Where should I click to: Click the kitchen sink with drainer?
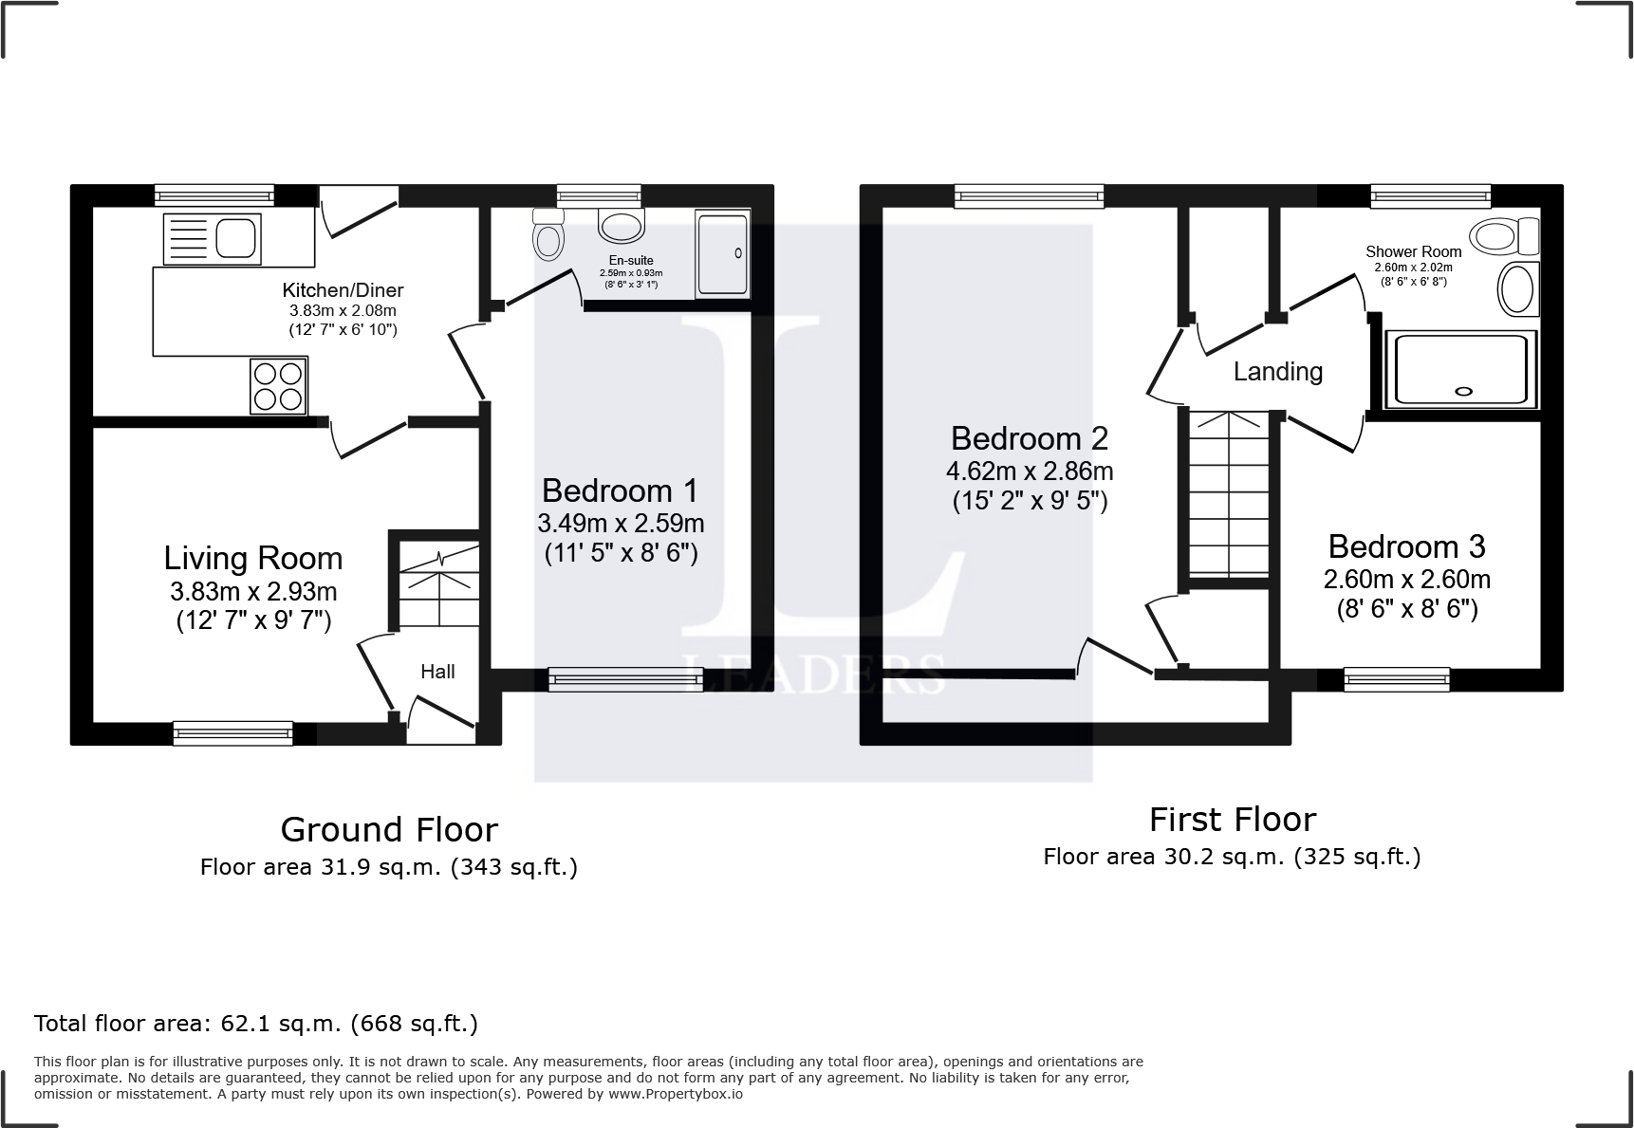click(212, 238)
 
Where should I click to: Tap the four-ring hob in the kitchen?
click(278, 386)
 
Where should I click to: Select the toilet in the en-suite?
click(548, 235)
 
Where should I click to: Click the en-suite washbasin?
click(622, 226)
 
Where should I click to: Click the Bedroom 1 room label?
click(620, 490)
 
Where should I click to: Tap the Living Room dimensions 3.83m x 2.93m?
click(253, 592)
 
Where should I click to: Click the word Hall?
click(437, 672)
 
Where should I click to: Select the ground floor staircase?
click(438, 585)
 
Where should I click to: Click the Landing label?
click(1277, 372)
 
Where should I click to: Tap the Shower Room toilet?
click(1503, 235)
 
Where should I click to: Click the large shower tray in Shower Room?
click(1460, 370)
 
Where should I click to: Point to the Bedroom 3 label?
click(1406, 546)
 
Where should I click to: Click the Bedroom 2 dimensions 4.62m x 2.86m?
click(1030, 471)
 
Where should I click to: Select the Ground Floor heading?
click(389, 830)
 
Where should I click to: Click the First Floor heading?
click(1232, 820)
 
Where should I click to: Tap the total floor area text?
click(256, 1024)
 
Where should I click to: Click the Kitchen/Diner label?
click(343, 290)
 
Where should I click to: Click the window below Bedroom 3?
click(1396, 678)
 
